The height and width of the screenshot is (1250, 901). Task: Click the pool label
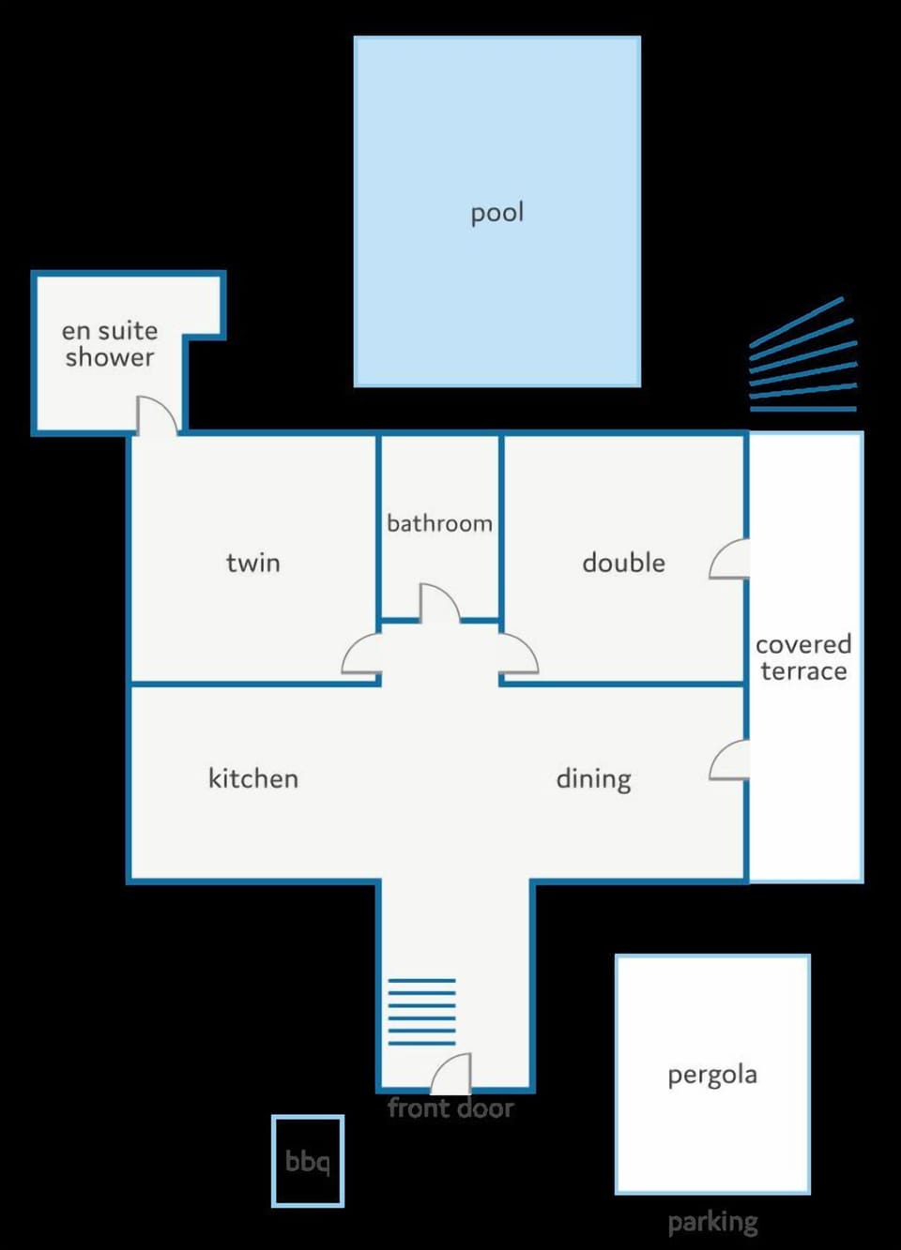tap(497, 214)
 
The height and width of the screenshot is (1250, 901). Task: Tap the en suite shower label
tap(110, 344)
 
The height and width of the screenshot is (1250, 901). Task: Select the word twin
tap(253, 563)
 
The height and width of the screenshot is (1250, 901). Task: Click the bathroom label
tap(439, 523)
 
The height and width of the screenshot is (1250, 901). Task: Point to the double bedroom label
tap(623, 563)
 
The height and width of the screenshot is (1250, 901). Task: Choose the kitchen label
tap(253, 778)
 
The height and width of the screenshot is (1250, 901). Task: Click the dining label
tap(594, 779)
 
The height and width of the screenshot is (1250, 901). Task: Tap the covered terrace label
tap(803, 657)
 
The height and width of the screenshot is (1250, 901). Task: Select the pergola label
tap(712, 1075)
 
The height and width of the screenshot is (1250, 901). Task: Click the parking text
tap(712, 1222)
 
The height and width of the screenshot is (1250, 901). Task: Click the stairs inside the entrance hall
tap(421, 1012)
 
